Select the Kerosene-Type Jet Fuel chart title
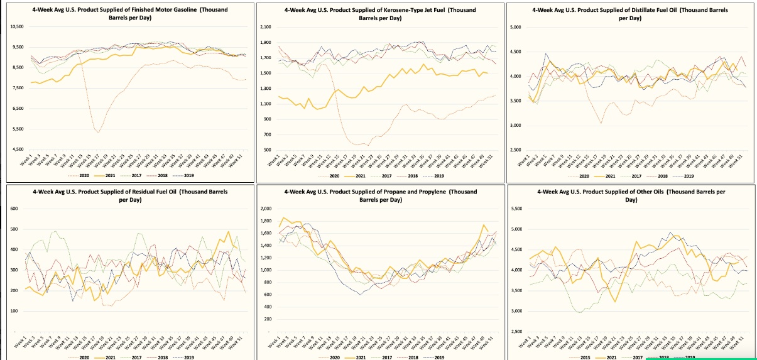380,14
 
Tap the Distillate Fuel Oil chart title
629,14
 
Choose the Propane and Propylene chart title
380,195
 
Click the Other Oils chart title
629,195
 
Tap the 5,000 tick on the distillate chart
516,28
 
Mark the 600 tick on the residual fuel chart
13,209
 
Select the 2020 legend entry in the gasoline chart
83,177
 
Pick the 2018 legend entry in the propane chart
412,357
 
